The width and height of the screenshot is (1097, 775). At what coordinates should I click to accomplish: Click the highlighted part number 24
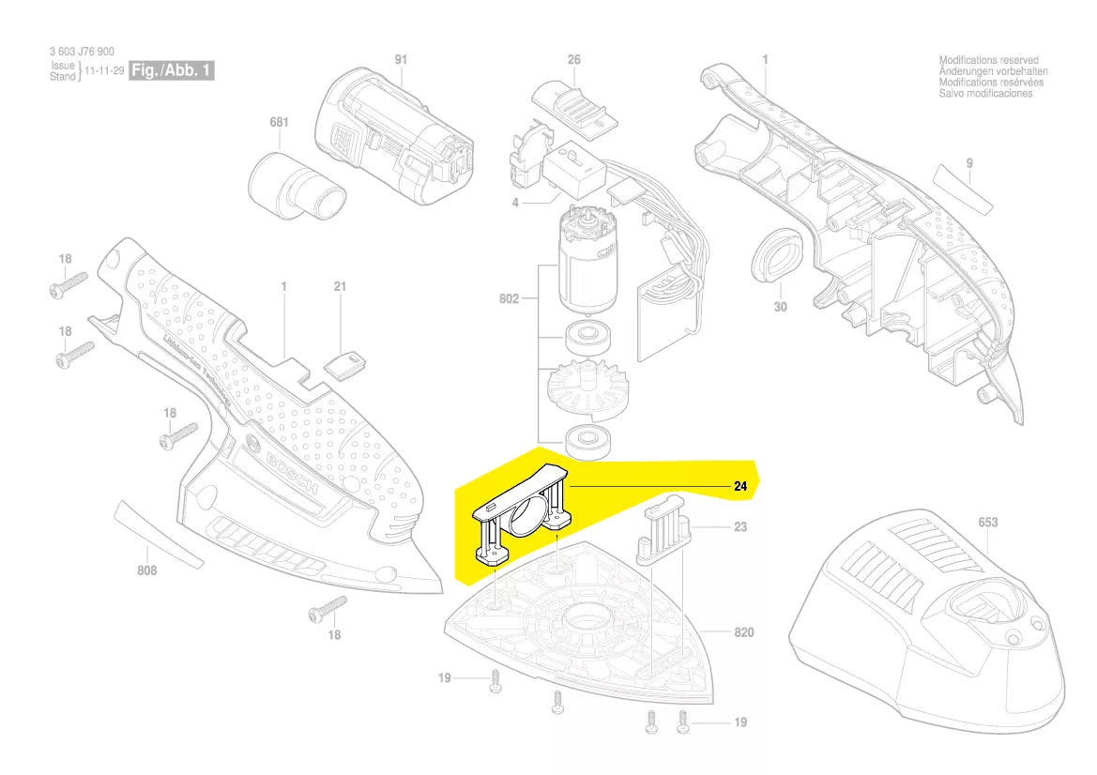(739, 487)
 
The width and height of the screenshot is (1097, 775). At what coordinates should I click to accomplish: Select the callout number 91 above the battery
(402, 60)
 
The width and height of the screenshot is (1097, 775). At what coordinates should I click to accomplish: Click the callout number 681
(279, 123)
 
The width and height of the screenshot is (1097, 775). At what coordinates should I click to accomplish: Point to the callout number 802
(510, 299)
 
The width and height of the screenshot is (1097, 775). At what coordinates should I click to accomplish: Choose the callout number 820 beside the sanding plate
(743, 633)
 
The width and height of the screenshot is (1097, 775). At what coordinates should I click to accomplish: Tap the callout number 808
(147, 570)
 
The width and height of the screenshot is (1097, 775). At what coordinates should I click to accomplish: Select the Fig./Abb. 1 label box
(172, 71)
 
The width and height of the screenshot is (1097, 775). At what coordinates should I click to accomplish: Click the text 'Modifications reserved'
(988, 61)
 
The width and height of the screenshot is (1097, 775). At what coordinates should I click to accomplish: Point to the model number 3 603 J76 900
(82, 53)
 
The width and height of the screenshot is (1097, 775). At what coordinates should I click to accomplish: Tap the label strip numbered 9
(965, 191)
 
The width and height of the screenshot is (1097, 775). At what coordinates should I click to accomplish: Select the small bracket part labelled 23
(663, 534)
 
